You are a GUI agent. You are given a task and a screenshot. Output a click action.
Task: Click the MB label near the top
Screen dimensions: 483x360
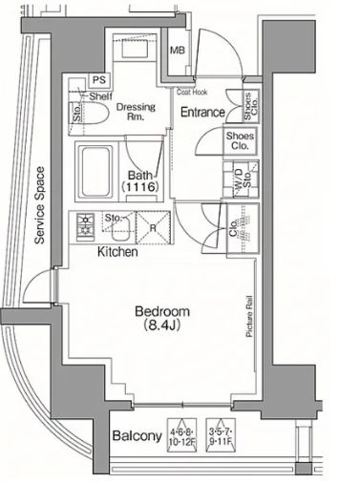[x=178, y=51]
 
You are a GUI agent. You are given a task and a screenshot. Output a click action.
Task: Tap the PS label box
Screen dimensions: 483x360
[x=98, y=81]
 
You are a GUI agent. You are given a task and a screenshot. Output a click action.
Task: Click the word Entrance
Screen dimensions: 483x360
[x=203, y=113]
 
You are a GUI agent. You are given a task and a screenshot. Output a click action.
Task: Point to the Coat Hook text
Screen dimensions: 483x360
[x=193, y=93]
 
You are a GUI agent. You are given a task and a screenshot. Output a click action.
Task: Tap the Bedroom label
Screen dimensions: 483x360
[x=162, y=311]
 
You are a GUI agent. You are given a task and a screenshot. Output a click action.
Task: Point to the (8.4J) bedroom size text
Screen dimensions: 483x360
[x=162, y=327]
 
